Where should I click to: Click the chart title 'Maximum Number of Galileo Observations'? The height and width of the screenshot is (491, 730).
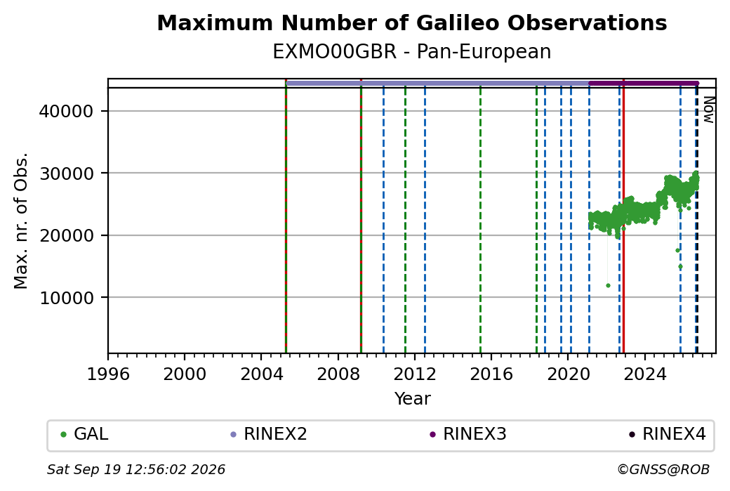click(x=411, y=23)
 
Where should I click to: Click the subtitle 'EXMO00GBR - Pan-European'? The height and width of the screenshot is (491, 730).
click(x=411, y=52)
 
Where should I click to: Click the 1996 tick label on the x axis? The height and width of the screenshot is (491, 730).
click(x=108, y=374)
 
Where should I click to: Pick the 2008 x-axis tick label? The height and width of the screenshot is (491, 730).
click(x=338, y=374)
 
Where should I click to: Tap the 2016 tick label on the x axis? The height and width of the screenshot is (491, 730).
click(x=491, y=374)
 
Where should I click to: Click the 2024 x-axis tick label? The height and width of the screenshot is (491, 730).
click(x=645, y=374)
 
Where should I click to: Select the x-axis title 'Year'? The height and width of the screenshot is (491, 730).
click(x=412, y=399)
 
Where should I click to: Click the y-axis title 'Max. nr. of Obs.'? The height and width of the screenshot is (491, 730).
click(x=21, y=221)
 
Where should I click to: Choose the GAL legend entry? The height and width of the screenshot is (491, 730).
click(x=85, y=434)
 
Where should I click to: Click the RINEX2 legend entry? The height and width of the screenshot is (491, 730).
click(x=269, y=434)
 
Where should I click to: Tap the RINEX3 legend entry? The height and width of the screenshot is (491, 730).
click(x=468, y=434)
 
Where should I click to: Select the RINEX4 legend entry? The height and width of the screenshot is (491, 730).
click(x=667, y=434)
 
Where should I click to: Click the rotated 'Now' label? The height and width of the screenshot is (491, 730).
click(x=708, y=110)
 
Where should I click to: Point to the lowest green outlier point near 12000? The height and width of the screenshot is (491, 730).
click(x=608, y=286)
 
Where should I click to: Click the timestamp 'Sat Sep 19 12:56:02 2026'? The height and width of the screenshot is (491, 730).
click(x=136, y=469)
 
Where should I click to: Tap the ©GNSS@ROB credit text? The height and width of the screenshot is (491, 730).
click(x=663, y=469)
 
